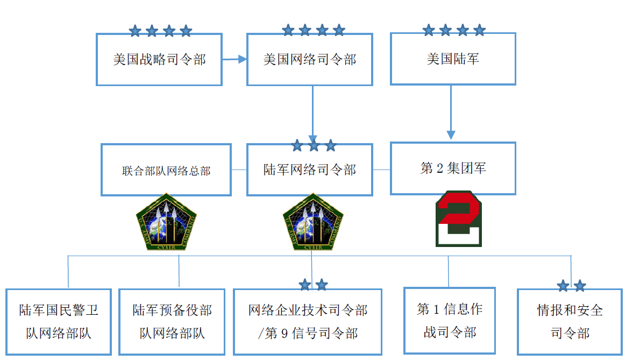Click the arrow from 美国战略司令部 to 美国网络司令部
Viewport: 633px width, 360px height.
234,59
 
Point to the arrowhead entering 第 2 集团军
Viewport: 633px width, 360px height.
451,135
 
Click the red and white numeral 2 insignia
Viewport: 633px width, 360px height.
459,218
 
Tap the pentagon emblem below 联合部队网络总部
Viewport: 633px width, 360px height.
166,222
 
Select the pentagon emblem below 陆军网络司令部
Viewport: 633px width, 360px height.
313,222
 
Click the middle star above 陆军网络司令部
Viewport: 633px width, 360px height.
314,145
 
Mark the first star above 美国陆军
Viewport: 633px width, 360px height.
429,30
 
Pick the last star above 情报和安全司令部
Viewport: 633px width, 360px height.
580,286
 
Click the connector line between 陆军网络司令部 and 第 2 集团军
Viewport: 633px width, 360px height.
381,170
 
